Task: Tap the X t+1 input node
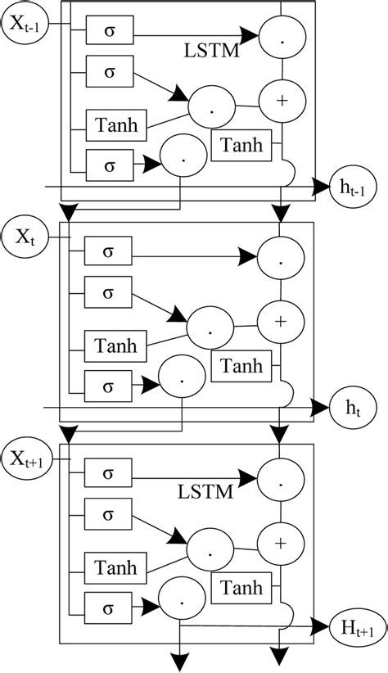click(x=26, y=454)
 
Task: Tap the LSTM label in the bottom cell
click(x=204, y=491)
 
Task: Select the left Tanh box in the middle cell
click(x=116, y=345)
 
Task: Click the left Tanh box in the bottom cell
click(x=116, y=566)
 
